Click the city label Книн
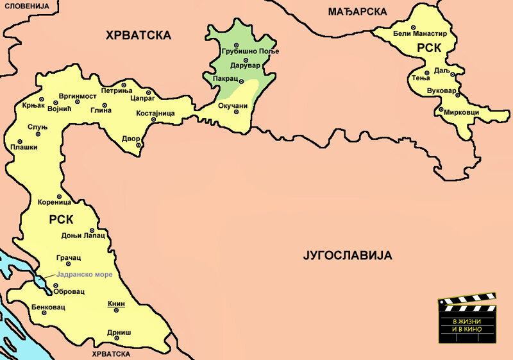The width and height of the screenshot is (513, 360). tap(116, 304)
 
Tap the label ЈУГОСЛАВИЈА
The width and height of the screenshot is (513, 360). tap(347, 256)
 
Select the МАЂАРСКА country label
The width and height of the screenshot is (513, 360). tap(357, 12)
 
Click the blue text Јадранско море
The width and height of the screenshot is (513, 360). tap(83, 275)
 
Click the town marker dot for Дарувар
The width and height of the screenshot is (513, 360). tap(246, 60)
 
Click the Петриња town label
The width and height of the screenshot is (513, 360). tap(116, 90)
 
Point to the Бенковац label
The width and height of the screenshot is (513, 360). tap(48, 307)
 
